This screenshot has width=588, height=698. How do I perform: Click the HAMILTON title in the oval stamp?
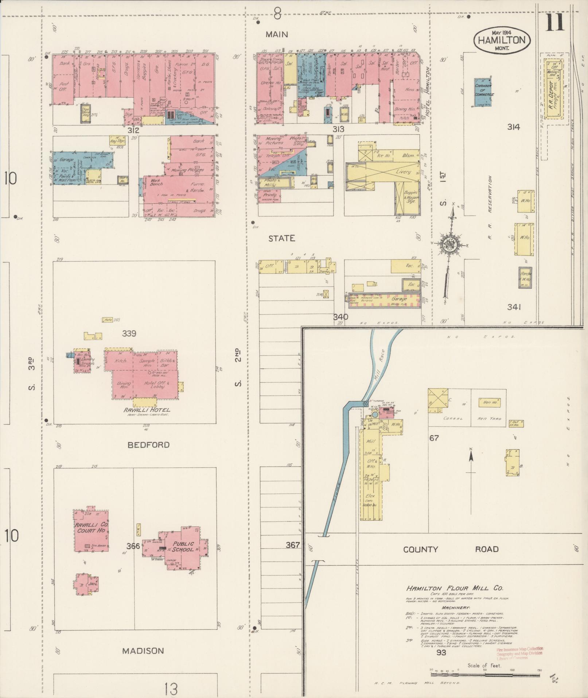[502, 40]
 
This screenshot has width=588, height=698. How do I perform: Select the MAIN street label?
[277, 34]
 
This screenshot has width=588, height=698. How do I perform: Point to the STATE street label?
[281, 238]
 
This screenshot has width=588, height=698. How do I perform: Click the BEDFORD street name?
[148, 445]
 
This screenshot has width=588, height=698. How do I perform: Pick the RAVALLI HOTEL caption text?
[148, 410]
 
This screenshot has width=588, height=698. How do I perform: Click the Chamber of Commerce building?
[484, 90]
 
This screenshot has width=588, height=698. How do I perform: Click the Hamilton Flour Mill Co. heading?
[455, 588]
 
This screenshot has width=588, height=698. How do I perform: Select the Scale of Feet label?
[484, 666]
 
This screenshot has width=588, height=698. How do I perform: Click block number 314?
[513, 127]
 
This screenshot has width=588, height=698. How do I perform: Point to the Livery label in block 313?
[403, 171]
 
